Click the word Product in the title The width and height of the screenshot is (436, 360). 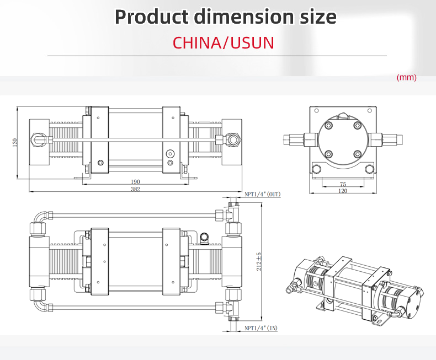[152, 17]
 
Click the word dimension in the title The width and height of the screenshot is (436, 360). [244, 17]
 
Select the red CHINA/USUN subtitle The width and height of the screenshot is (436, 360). [224, 43]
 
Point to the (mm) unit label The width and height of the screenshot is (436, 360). [407, 77]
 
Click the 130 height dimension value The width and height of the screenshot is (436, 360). [15, 142]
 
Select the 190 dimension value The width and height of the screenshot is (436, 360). [135, 182]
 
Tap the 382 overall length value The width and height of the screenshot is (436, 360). [135, 189]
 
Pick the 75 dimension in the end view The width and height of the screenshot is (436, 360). [343, 184]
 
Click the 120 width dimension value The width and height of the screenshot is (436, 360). [343, 191]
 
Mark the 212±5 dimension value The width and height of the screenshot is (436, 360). [259, 261]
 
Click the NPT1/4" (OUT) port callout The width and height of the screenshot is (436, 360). [263, 194]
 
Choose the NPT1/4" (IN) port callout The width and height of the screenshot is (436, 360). [261, 328]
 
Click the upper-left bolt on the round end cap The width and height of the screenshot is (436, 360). [329, 126]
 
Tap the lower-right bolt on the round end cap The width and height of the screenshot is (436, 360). [357, 154]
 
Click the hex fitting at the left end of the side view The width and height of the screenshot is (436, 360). [37, 138]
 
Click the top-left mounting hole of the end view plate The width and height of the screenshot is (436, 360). [316, 111]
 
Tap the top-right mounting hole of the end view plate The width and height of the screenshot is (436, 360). [370, 111]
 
